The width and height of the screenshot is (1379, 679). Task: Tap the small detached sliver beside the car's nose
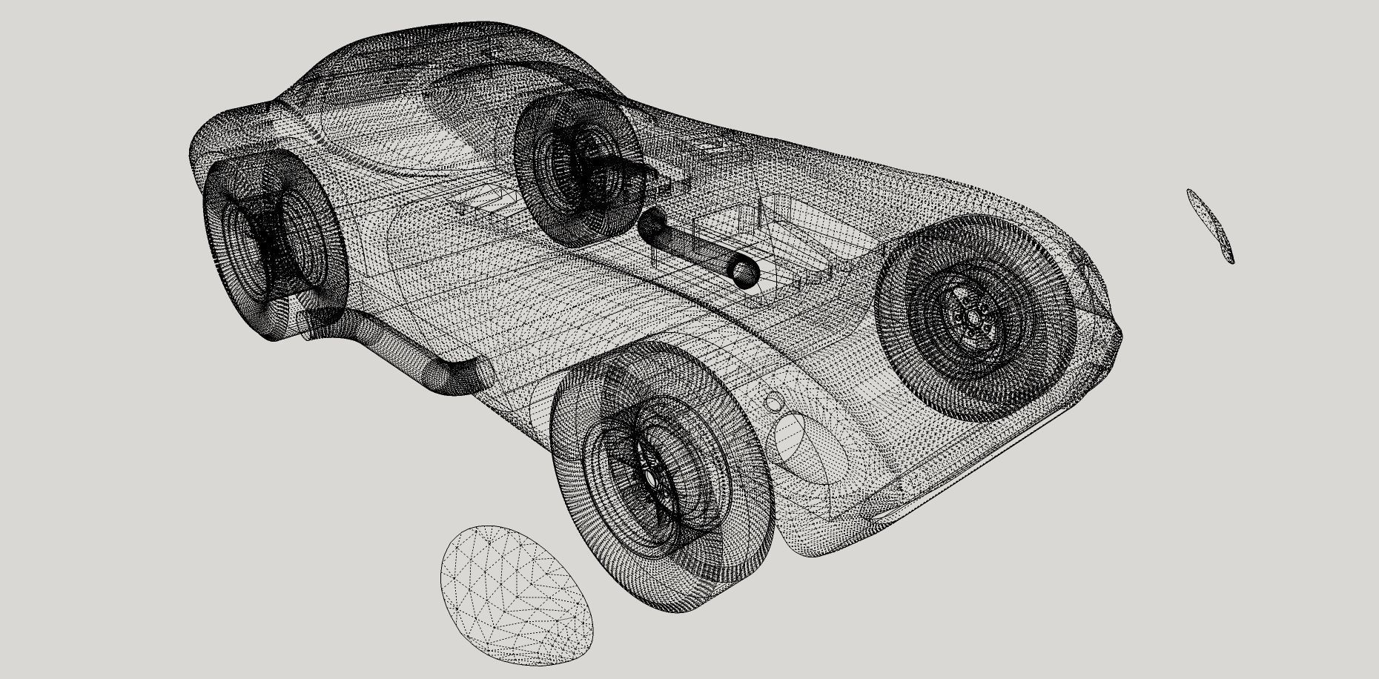click(x=1210, y=225)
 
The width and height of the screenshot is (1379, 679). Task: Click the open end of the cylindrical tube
click(x=744, y=272)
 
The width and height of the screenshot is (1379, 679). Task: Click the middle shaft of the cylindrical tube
click(x=697, y=248)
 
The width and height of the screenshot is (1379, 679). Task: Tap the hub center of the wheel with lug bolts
click(x=970, y=318)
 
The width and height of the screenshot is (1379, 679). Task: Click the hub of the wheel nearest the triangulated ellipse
click(x=651, y=478)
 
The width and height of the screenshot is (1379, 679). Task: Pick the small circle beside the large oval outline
click(x=773, y=403)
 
